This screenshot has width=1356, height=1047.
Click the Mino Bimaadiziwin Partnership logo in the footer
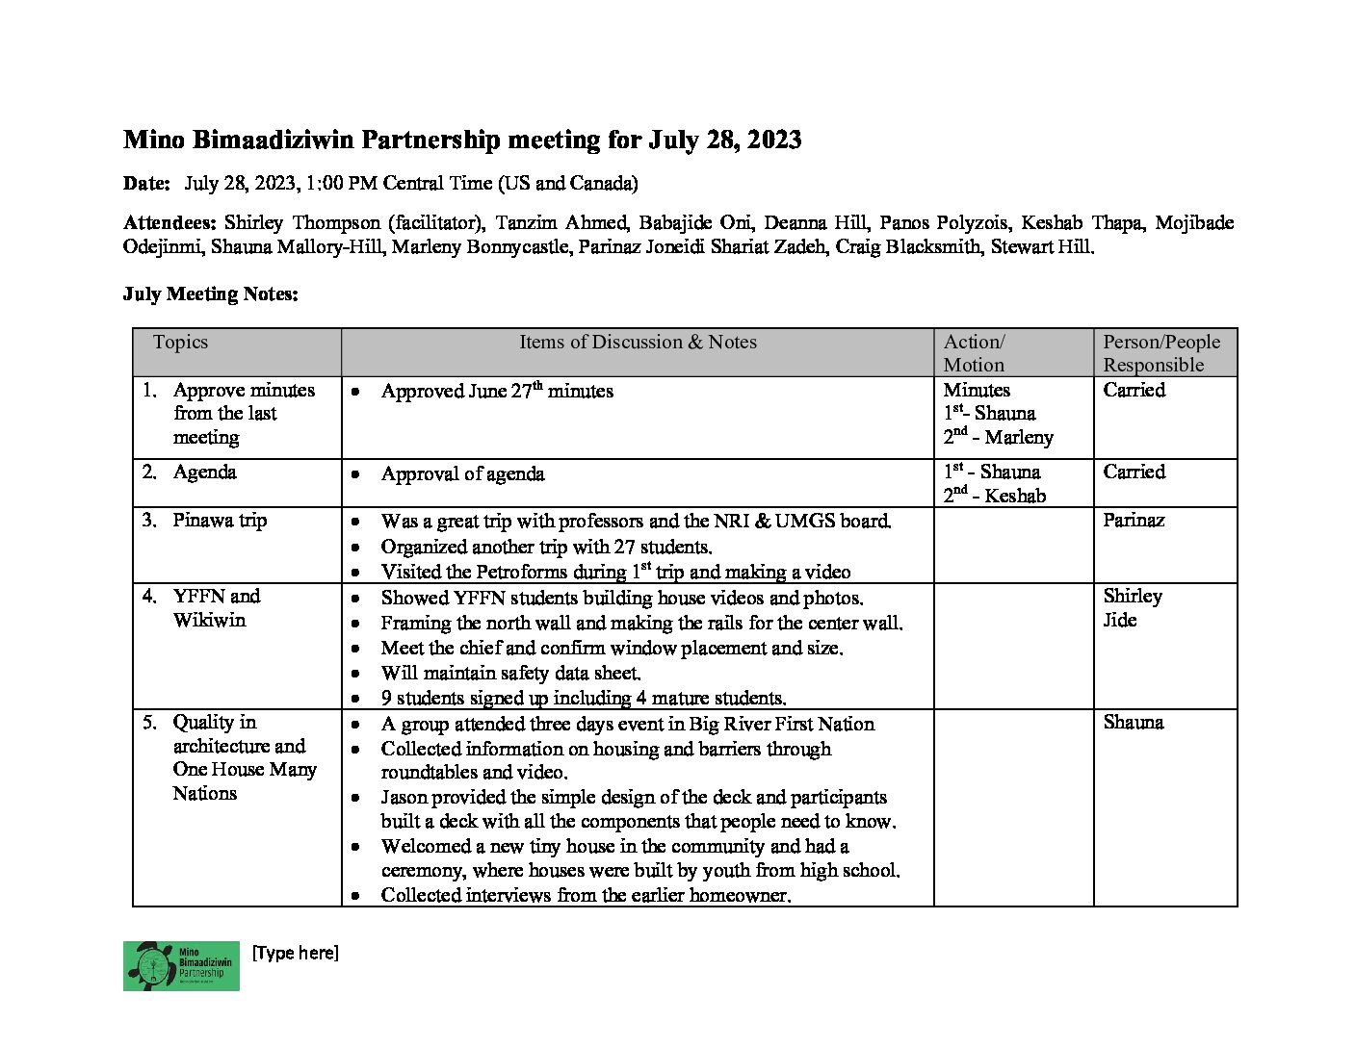[181, 965]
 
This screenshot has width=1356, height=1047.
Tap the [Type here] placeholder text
[295, 953]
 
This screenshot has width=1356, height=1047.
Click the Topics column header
[180, 343]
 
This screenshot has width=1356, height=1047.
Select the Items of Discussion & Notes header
[638, 343]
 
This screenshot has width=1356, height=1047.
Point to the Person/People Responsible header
[1160, 353]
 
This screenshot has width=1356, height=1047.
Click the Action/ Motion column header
[975, 353]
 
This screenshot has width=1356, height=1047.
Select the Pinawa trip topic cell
[220, 521]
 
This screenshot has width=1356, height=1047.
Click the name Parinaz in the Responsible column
[1134, 521]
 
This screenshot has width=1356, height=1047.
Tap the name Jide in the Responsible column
[1119, 621]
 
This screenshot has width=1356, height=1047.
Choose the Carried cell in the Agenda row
[1134, 472]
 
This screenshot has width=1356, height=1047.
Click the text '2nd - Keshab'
[994, 496]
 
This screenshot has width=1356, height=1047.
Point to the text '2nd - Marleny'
[998, 437]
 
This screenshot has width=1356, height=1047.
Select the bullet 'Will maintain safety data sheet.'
[510, 673]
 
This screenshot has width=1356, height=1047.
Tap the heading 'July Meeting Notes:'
[210, 294]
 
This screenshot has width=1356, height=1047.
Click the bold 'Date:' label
[146, 184]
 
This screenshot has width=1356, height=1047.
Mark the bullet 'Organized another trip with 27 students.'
[546, 547]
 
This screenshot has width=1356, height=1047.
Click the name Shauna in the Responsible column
[1133, 723]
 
